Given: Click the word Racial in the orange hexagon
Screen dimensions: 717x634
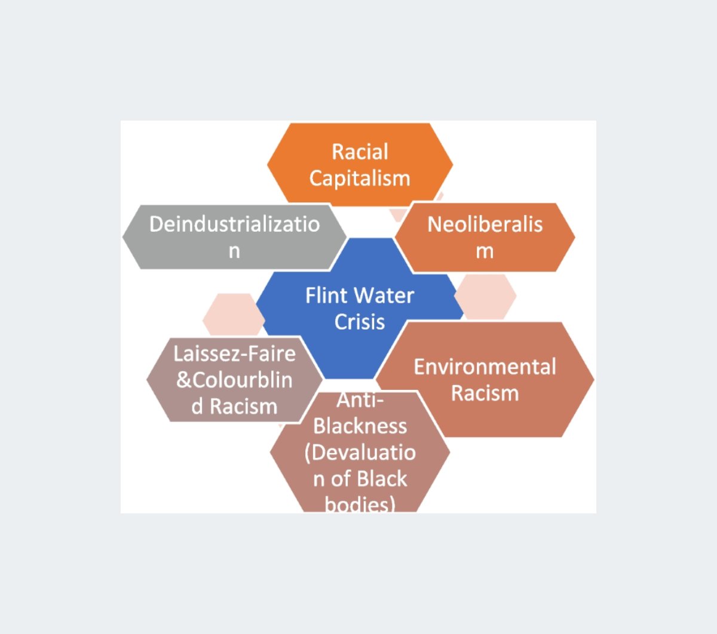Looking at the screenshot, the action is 360,152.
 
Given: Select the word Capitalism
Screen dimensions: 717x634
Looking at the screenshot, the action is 360,178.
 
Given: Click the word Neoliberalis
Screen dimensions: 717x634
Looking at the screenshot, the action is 485,224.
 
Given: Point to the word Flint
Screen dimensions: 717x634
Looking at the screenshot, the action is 326,295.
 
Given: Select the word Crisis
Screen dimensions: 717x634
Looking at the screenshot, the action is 360,321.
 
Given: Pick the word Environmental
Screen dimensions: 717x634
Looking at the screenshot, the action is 485,367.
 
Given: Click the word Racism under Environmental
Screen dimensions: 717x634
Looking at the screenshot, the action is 485,393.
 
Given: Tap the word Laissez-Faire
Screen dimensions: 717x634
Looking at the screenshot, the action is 234,353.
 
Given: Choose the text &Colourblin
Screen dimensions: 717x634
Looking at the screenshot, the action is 234,380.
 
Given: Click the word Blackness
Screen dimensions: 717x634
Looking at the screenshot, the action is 360,426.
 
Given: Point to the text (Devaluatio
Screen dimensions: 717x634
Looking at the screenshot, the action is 360,452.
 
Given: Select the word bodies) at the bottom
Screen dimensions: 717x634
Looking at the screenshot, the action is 360,504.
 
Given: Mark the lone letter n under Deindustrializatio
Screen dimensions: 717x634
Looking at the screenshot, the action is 234,251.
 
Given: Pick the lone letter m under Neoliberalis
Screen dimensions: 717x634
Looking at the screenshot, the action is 485,251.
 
